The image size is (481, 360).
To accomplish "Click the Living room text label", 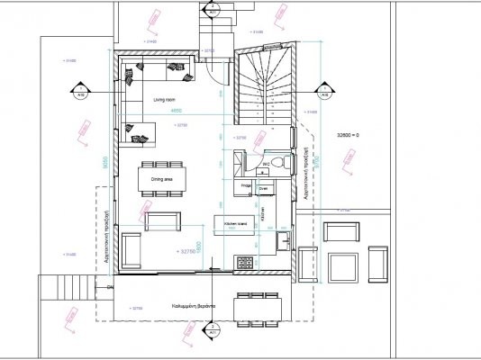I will pyautogui.click(x=163, y=99).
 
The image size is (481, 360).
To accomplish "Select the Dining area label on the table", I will pyautogui.click(x=162, y=179).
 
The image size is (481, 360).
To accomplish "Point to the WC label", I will pyautogui.click(x=268, y=163).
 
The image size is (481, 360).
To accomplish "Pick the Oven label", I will pyautogui.click(x=264, y=189).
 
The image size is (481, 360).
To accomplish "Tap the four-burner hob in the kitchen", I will pyautogui.click(x=244, y=262).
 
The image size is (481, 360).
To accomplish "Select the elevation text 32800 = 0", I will pyautogui.click(x=346, y=134).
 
